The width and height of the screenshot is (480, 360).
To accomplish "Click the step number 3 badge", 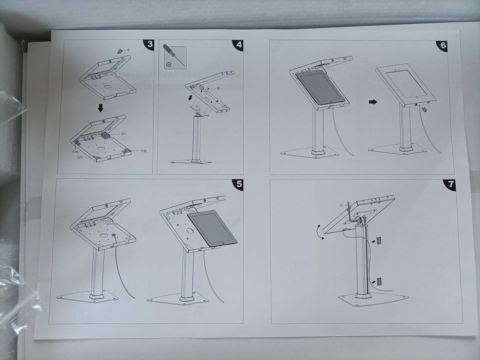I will pyautogui.click(x=149, y=44).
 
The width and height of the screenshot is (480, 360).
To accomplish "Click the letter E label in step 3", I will pyautogui.click(x=129, y=50).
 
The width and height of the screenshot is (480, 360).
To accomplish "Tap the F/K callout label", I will pyautogui.click(x=144, y=151).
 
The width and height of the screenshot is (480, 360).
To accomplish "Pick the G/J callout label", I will pyautogui.click(x=80, y=157).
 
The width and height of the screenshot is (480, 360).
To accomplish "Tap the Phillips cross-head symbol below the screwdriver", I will pyautogui.click(x=169, y=65).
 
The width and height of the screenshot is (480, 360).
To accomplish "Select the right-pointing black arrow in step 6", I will pyautogui.click(x=373, y=102).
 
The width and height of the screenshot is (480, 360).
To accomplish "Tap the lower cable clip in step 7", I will pyautogui.click(x=379, y=281).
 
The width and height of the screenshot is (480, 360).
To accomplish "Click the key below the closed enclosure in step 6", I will pyautogui.click(x=425, y=110).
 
